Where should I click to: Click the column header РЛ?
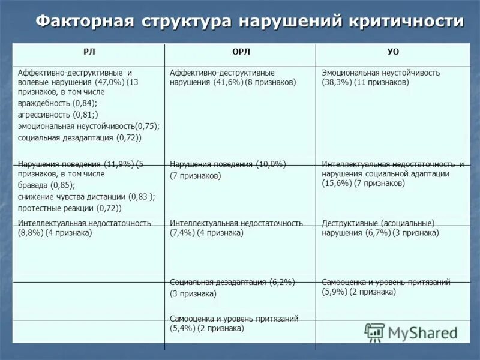tap(89, 52)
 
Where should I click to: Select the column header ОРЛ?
tap(241, 52)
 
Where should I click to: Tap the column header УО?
tap(393, 52)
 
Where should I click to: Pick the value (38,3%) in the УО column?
tap(337, 82)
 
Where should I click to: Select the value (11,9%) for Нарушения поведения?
tap(119, 164)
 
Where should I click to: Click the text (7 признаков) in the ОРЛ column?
tap(196, 176)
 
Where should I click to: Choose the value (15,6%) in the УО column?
tap(337, 183)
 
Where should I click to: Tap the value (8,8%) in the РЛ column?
tap(31, 232)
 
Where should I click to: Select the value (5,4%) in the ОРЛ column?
tap(182, 328)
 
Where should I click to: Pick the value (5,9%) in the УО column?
tap(335, 292)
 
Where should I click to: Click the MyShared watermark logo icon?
tap(374, 332)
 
